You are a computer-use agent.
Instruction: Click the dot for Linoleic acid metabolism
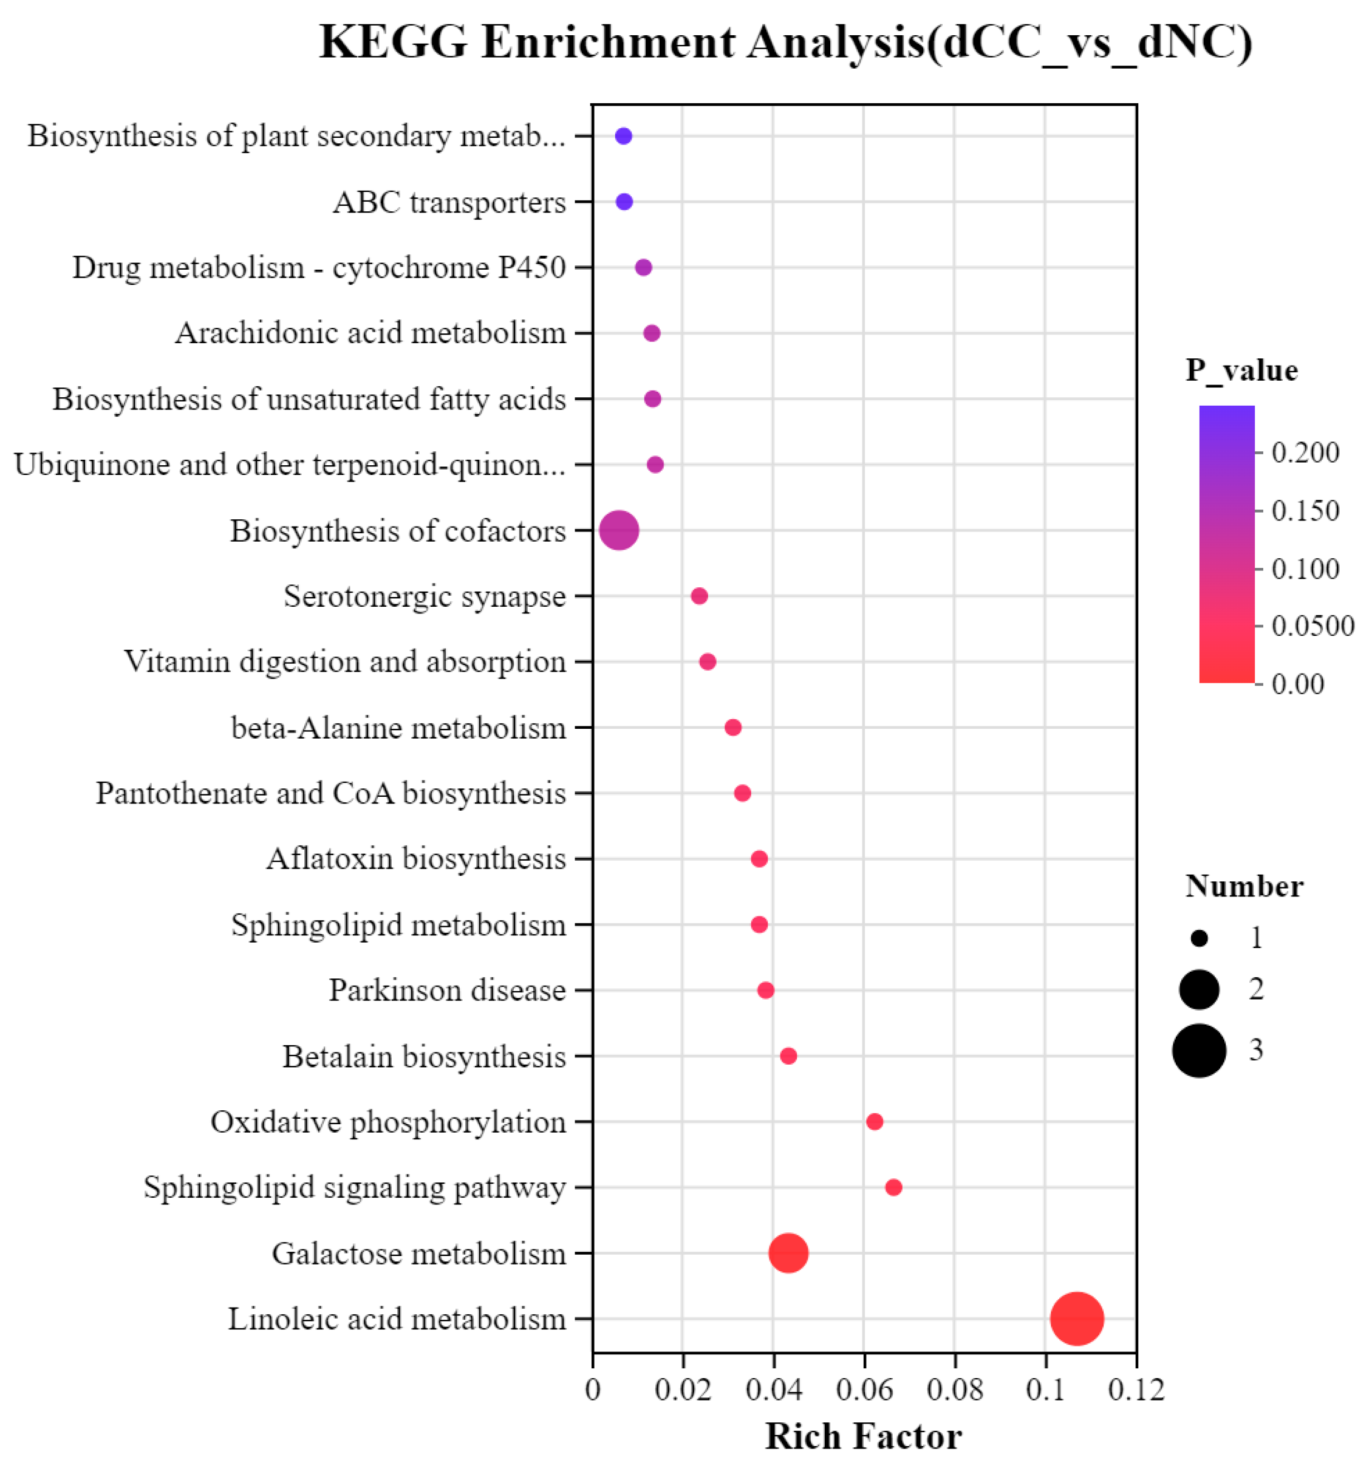pyautogui.click(x=1077, y=1319)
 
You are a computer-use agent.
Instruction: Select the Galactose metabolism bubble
pyautogui.click(x=788, y=1254)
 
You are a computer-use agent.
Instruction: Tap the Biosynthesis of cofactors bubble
pyautogui.click(x=619, y=531)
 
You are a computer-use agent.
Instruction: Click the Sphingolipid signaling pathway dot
pyautogui.click(x=893, y=1187)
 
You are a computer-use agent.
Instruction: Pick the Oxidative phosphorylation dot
pyautogui.click(x=874, y=1122)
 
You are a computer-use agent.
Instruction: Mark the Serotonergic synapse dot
pyautogui.click(x=698, y=596)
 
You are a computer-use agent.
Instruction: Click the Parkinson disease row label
pyautogui.click(x=447, y=990)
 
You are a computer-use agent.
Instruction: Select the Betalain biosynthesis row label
pyautogui.click(x=424, y=1056)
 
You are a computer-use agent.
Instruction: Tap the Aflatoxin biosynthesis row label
pyautogui.click(x=416, y=859)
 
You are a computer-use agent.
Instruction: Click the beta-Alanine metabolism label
pyautogui.click(x=398, y=728)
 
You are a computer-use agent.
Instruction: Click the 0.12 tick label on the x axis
pyautogui.click(x=1136, y=1389)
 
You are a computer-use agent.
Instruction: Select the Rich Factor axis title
pyautogui.click(x=863, y=1437)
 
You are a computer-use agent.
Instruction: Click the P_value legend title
pyautogui.click(x=1241, y=370)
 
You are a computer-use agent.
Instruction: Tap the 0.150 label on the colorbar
pyautogui.click(x=1305, y=511)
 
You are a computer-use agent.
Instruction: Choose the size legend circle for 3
pyautogui.click(x=1199, y=1050)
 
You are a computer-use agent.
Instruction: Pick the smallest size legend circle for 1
pyautogui.click(x=1199, y=938)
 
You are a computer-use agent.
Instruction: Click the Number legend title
pyautogui.click(x=1243, y=886)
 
